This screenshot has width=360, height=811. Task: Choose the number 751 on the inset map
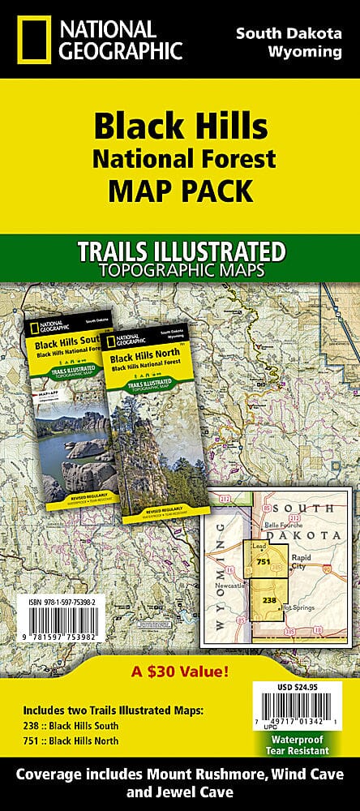coord(262,561)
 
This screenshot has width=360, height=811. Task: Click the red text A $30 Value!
coord(179,671)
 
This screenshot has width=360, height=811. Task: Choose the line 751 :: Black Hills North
coord(71,740)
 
